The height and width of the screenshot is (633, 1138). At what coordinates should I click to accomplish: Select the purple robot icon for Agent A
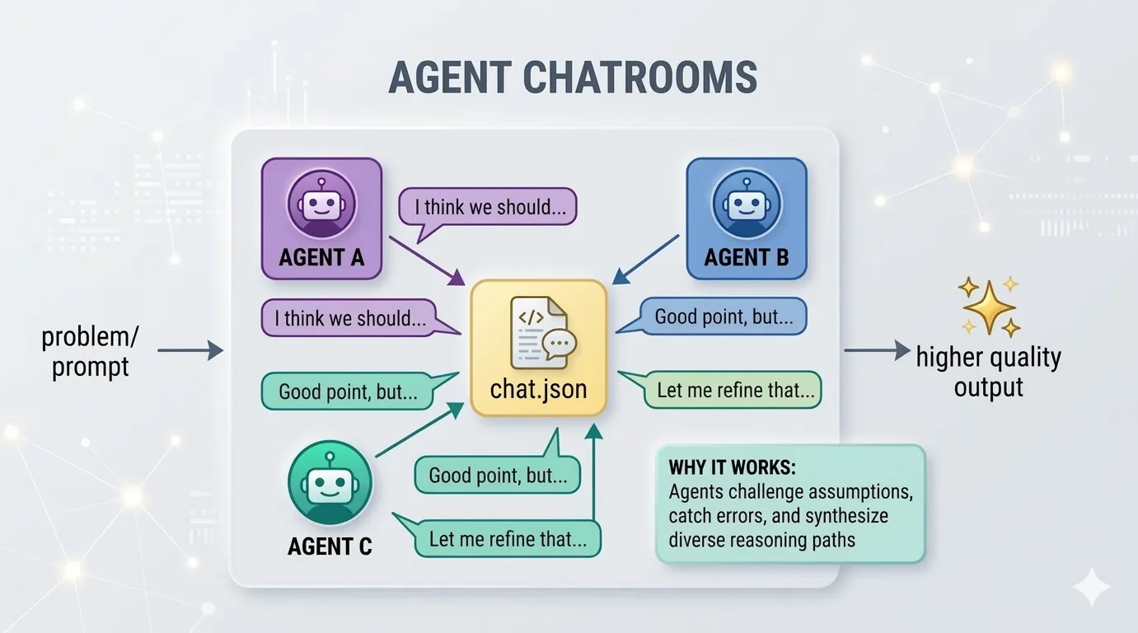click(321, 203)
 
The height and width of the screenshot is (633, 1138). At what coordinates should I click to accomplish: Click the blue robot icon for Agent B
click(746, 203)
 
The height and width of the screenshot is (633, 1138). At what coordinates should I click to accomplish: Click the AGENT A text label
click(321, 258)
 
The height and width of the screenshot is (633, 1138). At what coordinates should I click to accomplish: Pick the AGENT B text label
click(746, 258)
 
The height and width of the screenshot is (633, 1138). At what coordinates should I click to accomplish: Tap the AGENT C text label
click(330, 546)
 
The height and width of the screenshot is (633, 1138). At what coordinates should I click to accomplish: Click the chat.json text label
click(538, 388)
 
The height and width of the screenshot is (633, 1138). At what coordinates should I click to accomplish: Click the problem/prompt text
click(91, 351)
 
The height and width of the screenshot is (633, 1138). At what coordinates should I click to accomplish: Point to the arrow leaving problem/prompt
click(190, 351)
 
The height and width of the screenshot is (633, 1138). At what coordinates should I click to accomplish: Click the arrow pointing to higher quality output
click(876, 351)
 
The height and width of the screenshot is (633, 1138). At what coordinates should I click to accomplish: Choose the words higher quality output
click(988, 372)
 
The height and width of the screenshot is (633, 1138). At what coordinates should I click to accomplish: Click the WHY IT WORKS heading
click(732, 468)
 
